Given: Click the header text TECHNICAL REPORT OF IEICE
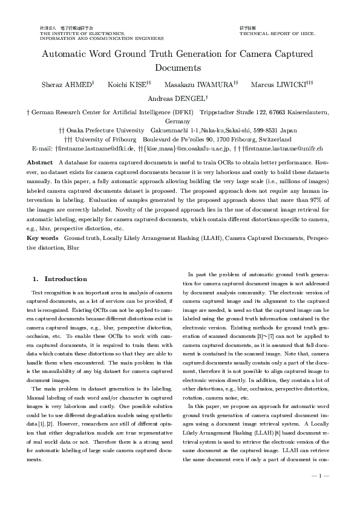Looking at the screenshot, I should coord(277,34).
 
